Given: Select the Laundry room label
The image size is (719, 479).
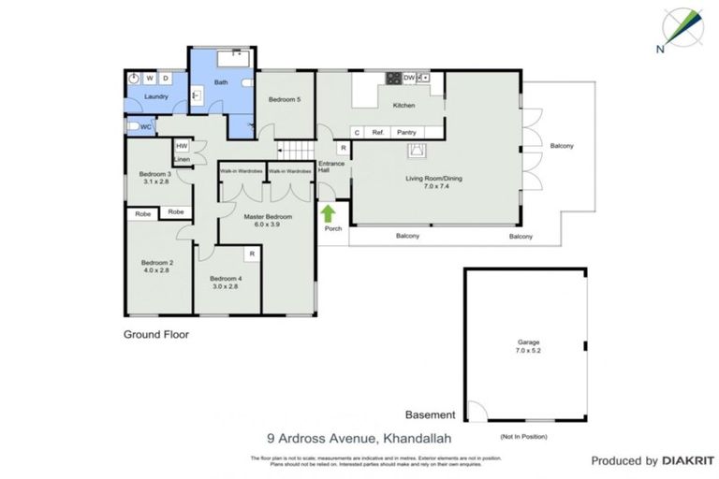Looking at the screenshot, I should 142,95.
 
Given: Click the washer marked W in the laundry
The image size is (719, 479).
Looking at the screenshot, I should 150,78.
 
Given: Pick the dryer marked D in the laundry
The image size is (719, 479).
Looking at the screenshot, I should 166,78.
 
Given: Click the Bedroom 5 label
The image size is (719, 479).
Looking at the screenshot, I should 285,99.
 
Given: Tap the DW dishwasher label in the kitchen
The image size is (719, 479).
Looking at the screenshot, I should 408,77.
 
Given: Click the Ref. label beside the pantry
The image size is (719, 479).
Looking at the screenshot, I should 378,133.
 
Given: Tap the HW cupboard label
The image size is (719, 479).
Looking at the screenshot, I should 183,145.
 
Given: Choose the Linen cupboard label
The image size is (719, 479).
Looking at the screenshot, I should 183,159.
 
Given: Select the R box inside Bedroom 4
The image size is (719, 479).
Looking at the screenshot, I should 251,254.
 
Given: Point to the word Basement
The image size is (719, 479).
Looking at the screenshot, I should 430,414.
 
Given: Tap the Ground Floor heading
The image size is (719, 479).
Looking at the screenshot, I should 156,333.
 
